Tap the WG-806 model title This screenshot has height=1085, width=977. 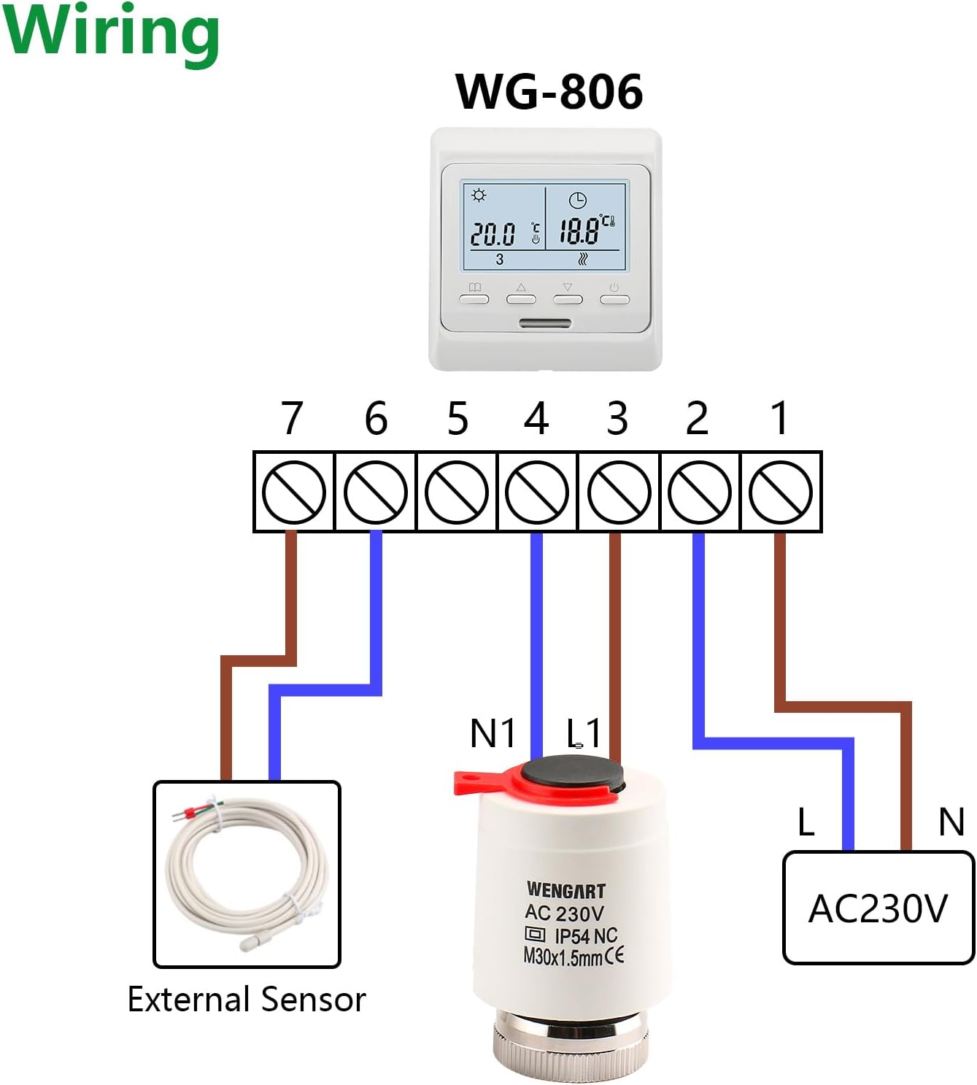(x=549, y=92)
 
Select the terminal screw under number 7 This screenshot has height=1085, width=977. (x=293, y=492)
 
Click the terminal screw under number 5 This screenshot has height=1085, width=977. (x=456, y=492)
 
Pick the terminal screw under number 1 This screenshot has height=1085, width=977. (x=781, y=492)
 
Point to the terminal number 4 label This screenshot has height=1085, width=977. (x=536, y=419)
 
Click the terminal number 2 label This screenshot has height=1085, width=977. (x=697, y=419)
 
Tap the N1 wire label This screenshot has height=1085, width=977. (x=493, y=733)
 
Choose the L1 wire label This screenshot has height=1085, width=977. (x=584, y=733)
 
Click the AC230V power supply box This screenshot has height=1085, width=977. (x=878, y=908)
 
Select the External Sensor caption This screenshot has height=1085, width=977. (x=247, y=1000)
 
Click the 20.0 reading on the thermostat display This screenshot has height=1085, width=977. (x=493, y=234)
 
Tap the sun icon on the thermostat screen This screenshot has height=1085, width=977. (x=479, y=196)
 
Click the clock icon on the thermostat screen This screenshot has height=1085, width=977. (x=577, y=199)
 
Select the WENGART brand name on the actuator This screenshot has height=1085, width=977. (x=565, y=890)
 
